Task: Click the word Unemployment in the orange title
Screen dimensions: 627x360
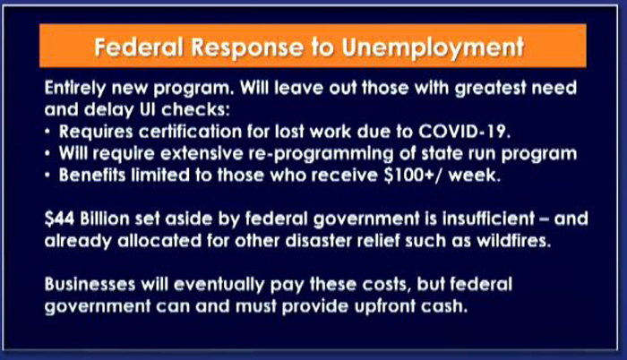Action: (433, 48)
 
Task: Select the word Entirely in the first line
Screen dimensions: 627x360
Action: (75, 89)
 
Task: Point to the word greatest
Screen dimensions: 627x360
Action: (490, 89)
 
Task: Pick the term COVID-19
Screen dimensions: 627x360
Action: (464, 132)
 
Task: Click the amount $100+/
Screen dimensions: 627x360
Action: (413, 176)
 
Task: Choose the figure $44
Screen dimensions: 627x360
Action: (59, 219)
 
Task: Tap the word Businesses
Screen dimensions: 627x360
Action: (90, 284)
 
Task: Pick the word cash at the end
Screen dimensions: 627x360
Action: (443, 306)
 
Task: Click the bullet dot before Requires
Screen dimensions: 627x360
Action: (47, 132)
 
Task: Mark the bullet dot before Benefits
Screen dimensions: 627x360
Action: (47, 176)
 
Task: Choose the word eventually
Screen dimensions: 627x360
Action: (219, 285)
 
